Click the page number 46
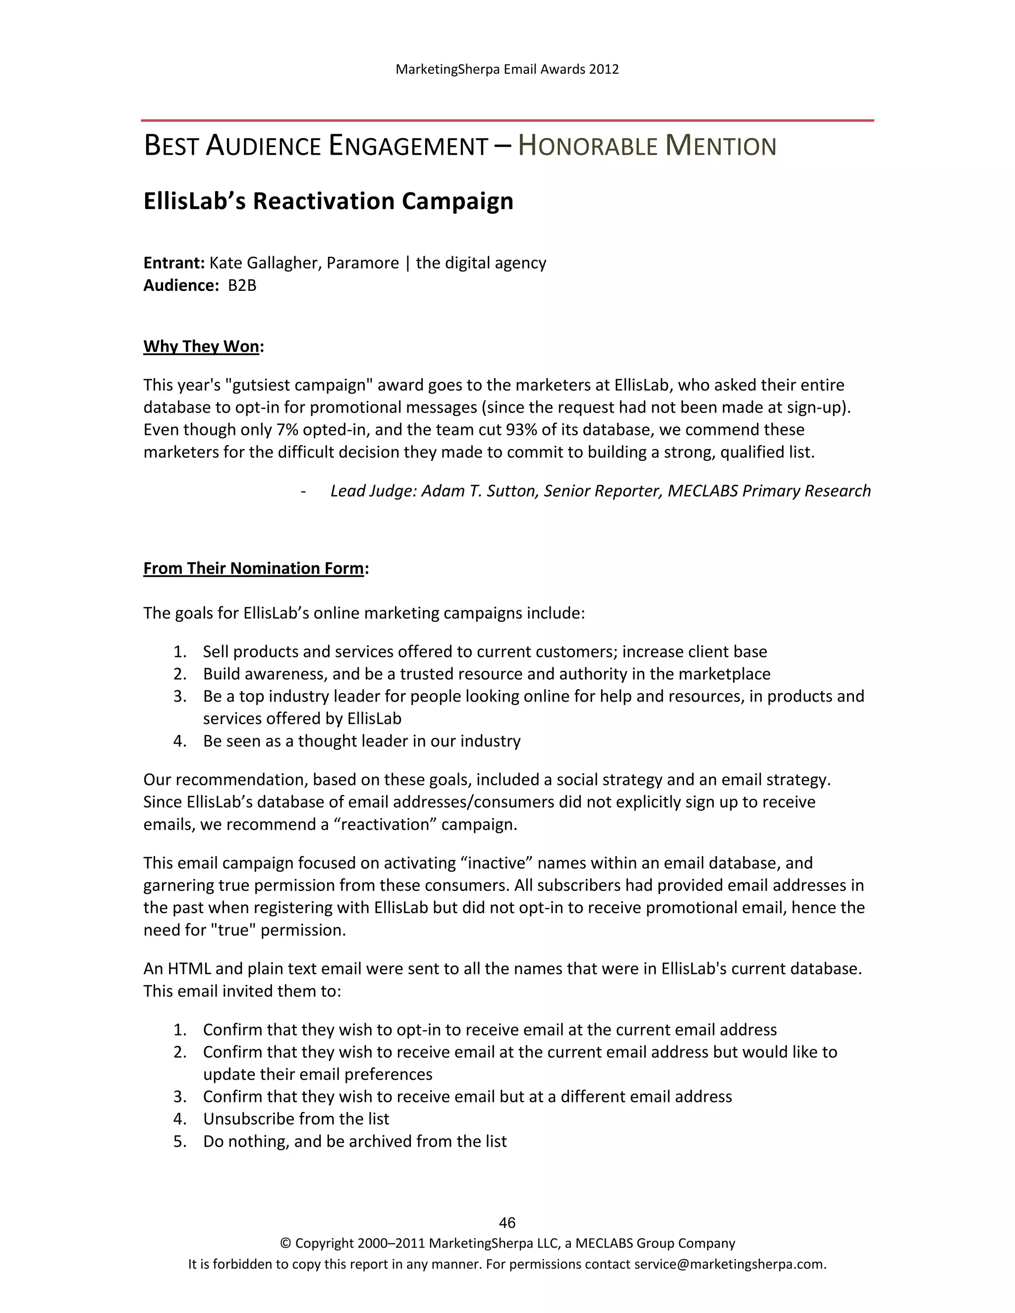(507, 1222)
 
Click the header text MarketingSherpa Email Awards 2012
(507, 69)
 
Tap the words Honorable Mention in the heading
(647, 146)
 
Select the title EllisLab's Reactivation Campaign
(328, 201)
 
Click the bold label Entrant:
(174, 263)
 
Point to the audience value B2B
(242, 285)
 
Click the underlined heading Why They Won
(201, 346)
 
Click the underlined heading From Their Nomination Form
(254, 568)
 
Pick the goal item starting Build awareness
(486, 674)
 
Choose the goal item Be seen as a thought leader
(361, 741)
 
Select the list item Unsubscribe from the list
(296, 1119)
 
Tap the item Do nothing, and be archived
(355, 1141)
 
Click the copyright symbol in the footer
(285, 1243)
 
